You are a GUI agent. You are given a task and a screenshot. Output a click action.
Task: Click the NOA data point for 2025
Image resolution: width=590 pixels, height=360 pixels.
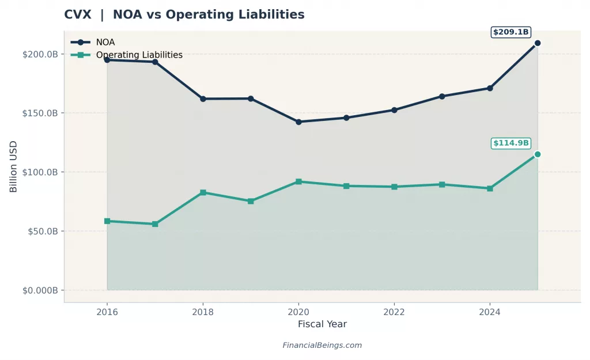(537, 43)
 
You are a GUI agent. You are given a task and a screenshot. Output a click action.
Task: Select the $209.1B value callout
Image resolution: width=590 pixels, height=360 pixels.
(510, 32)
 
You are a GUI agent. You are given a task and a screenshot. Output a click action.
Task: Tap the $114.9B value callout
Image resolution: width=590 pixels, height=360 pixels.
(510, 143)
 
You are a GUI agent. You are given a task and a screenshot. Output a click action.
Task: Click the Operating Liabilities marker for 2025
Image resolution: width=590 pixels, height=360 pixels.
(537, 154)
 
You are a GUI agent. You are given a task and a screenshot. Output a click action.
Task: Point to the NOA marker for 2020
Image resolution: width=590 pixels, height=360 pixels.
(298, 122)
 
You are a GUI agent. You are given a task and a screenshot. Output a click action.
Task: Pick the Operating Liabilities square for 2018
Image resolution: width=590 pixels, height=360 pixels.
(203, 192)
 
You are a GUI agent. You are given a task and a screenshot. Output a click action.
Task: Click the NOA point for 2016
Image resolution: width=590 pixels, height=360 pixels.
(107, 60)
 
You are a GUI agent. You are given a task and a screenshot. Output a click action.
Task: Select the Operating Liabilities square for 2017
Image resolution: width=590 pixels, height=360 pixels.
(155, 224)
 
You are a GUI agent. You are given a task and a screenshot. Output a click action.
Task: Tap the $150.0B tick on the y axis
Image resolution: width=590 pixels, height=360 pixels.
(40, 113)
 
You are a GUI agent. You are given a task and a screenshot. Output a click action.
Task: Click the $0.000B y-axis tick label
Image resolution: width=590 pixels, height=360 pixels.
(40, 290)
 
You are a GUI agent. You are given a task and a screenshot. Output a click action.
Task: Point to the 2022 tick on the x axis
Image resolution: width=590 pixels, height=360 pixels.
(394, 311)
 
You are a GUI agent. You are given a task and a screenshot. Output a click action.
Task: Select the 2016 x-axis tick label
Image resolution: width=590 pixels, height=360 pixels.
(107, 311)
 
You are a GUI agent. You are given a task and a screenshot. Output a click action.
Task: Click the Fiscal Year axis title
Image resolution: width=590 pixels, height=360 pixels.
(322, 324)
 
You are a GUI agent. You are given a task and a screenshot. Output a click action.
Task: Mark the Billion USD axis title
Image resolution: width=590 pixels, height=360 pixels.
(13, 166)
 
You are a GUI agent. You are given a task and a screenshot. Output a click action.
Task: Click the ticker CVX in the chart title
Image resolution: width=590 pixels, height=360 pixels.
(78, 15)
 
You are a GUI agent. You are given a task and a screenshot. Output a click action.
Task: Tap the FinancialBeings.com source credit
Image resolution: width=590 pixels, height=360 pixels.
(322, 346)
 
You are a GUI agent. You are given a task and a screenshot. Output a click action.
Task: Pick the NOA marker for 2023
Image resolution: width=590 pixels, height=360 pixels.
(442, 96)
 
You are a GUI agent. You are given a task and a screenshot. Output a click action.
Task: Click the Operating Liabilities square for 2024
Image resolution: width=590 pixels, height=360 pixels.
(490, 188)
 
